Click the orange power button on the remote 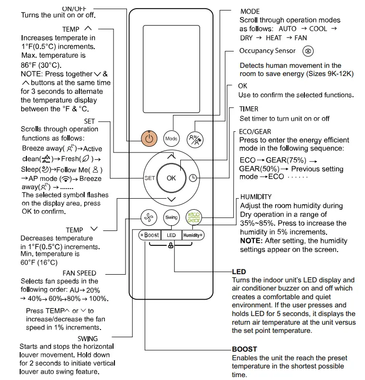click(149, 139)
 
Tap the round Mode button click(171, 139)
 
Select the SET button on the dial click(150, 178)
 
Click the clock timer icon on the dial click(193, 178)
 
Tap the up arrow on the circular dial click(171, 157)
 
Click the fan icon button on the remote click(149, 217)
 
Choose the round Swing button click(171, 217)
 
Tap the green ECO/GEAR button click(193, 217)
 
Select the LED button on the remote click(171, 235)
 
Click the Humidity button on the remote click(192, 235)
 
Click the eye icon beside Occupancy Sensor click(308, 51)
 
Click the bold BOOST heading click(244, 349)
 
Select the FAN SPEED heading click(79, 273)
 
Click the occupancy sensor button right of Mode click(193, 139)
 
